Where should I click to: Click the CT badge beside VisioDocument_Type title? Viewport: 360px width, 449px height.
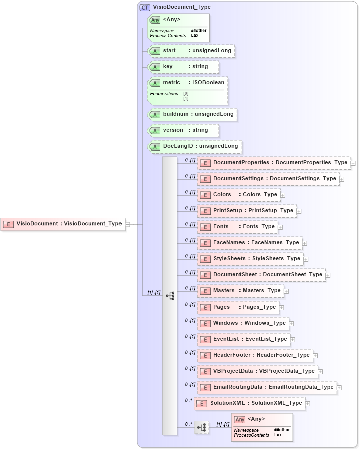[x=145, y=7]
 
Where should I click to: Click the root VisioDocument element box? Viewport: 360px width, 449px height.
[x=63, y=224]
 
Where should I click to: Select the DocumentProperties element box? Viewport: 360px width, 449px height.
[x=274, y=163]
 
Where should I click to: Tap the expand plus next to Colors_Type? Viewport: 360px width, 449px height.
[x=283, y=195]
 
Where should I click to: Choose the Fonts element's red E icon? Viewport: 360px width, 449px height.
[x=205, y=227]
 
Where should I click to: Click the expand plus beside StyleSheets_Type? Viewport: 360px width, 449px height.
[x=306, y=259]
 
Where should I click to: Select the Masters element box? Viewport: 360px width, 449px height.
[x=241, y=291]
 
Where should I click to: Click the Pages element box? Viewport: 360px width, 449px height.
[x=238, y=307]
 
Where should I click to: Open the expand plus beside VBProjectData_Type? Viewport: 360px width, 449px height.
[x=320, y=372]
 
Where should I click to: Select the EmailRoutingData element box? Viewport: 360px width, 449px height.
[x=267, y=387]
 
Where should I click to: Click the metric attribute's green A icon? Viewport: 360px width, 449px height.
[x=155, y=83]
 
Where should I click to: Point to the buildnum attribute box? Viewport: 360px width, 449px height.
[x=192, y=114]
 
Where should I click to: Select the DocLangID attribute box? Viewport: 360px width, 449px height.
[x=194, y=146]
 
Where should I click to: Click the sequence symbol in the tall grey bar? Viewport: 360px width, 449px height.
[x=170, y=296]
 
